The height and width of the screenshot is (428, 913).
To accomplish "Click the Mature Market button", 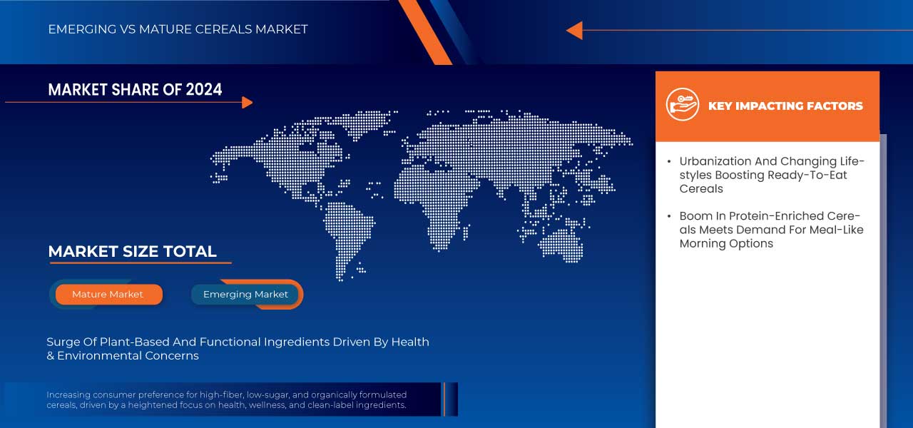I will click(x=108, y=294).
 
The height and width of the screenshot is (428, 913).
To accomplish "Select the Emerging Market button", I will click(x=245, y=294).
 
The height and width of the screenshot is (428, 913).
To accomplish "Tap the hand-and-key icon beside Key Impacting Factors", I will click(x=682, y=105).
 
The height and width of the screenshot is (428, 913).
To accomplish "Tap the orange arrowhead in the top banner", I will click(x=574, y=30).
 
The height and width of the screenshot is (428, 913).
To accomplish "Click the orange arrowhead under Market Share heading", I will click(x=247, y=103).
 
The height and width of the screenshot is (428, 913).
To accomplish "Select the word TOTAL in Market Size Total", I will click(x=190, y=251).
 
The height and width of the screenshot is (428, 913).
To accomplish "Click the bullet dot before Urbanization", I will click(x=668, y=161).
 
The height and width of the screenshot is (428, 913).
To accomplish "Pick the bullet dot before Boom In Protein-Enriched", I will click(x=668, y=216).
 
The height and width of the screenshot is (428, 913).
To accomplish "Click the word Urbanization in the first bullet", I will click(x=715, y=161).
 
